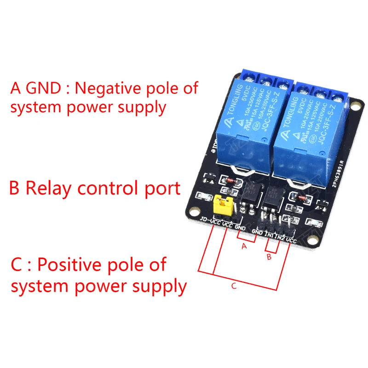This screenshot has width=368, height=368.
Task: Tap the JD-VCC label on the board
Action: click(x=211, y=222)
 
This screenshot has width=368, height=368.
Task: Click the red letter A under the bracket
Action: click(x=244, y=247)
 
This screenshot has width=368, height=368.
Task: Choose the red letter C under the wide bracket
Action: click(x=234, y=286)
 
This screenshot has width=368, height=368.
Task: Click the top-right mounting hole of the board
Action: click(x=355, y=106)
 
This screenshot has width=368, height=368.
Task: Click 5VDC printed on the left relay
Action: click(x=247, y=92)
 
